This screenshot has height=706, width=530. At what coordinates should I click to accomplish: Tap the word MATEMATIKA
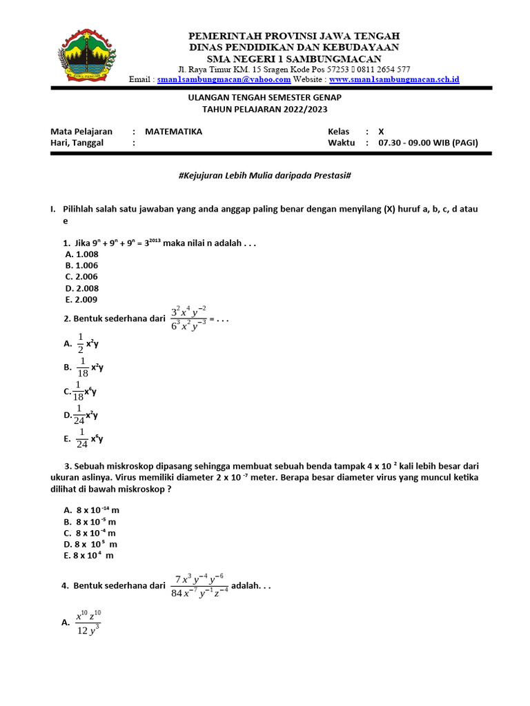tap(173, 132)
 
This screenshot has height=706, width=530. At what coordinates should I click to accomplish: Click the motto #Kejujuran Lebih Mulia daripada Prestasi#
tap(265, 176)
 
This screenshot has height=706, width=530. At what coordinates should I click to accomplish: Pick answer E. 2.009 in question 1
tap(81, 300)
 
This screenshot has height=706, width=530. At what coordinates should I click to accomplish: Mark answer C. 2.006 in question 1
tap(81, 276)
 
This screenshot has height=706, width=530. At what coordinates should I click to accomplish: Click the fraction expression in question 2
tap(188, 318)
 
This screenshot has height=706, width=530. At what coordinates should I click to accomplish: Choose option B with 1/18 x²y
tap(86, 367)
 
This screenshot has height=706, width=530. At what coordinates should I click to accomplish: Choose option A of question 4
tap(88, 623)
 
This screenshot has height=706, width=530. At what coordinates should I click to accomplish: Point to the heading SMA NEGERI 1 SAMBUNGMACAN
tap(294, 59)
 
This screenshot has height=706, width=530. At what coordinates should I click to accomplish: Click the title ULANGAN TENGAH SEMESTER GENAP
tap(265, 99)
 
